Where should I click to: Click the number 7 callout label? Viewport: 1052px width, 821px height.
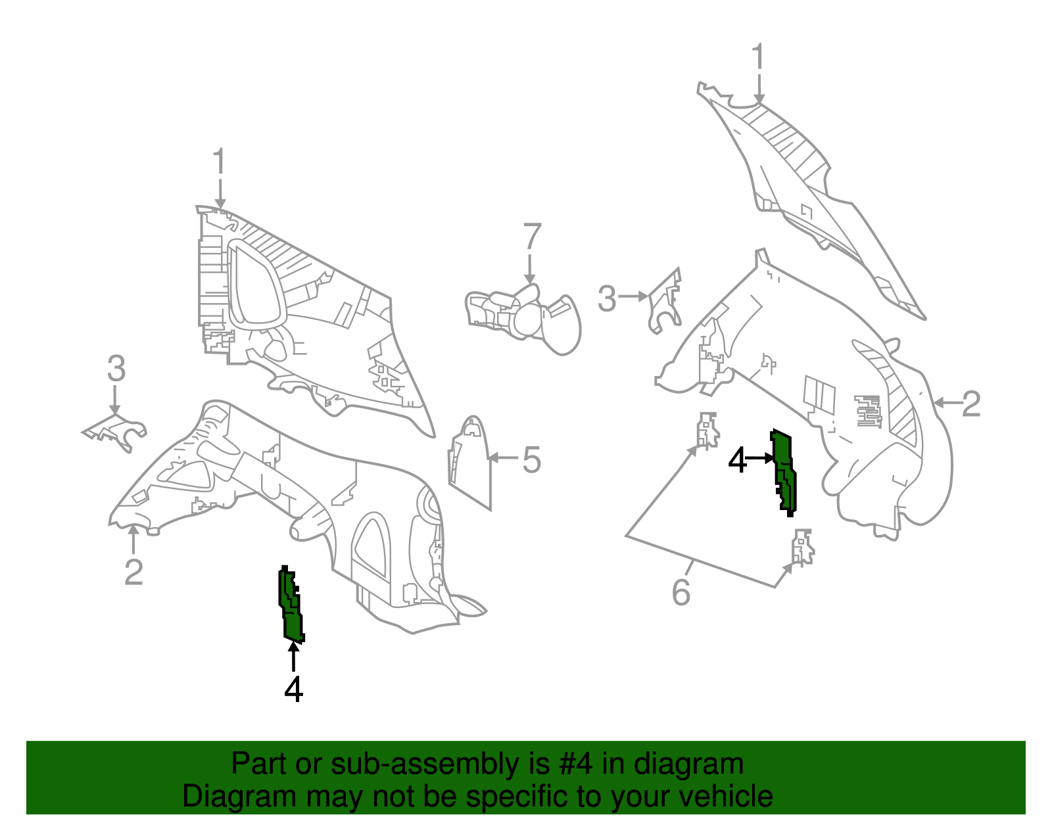coord(532,237)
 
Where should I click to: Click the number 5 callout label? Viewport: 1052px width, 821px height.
coord(531,459)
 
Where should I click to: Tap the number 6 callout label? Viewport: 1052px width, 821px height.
coord(681,592)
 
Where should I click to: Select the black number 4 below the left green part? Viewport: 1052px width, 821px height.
coord(294,689)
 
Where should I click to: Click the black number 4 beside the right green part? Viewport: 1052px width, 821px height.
coord(738,459)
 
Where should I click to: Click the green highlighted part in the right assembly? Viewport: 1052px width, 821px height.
coord(785,472)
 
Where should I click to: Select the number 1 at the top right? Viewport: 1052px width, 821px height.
coord(758,57)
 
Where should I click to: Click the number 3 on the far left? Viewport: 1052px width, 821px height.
coord(116,369)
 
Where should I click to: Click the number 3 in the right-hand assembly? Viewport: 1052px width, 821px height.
coord(607,298)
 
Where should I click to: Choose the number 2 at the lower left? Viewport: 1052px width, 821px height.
coord(133,572)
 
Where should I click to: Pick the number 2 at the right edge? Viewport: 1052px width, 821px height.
coord(971,404)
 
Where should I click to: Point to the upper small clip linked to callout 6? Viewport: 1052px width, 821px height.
coord(707,430)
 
